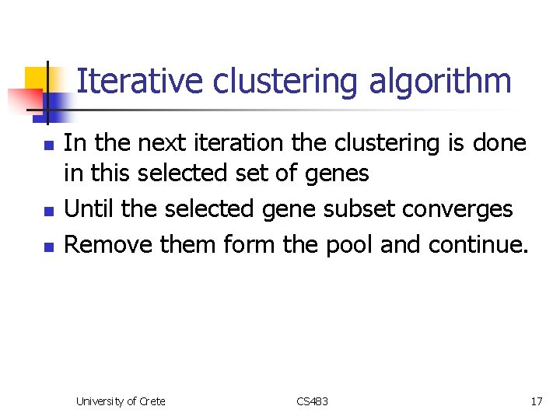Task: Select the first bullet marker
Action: click(x=48, y=145)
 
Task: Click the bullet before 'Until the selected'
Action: click(x=48, y=211)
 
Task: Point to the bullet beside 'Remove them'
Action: click(x=48, y=247)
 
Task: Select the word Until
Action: click(x=87, y=208)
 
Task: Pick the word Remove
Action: click(x=108, y=244)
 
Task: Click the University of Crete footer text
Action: click(x=121, y=401)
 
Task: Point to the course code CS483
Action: click(x=312, y=401)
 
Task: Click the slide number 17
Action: click(x=536, y=401)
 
